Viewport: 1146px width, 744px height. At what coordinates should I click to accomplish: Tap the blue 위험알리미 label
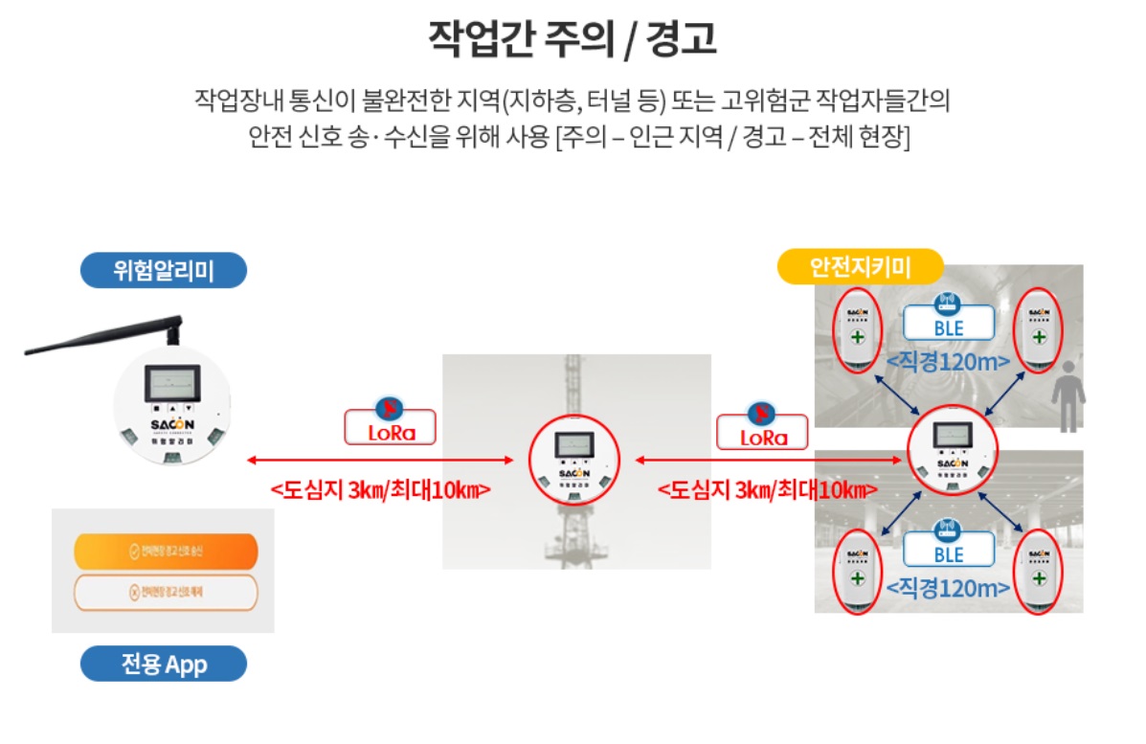click(163, 271)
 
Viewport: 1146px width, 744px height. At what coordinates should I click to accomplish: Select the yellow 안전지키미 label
click(861, 267)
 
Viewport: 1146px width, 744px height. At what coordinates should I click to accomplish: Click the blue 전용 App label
click(163, 664)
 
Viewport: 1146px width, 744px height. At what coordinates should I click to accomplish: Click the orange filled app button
click(165, 552)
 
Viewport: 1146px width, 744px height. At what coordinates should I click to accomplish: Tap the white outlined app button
click(165, 593)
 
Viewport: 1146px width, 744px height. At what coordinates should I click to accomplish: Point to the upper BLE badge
click(949, 324)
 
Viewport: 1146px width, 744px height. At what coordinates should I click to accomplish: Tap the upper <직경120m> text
click(948, 363)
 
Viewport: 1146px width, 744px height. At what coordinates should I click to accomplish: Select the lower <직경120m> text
click(948, 588)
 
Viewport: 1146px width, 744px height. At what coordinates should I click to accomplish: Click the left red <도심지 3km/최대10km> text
click(380, 489)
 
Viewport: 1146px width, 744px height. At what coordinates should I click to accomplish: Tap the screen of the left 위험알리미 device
click(172, 386)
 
